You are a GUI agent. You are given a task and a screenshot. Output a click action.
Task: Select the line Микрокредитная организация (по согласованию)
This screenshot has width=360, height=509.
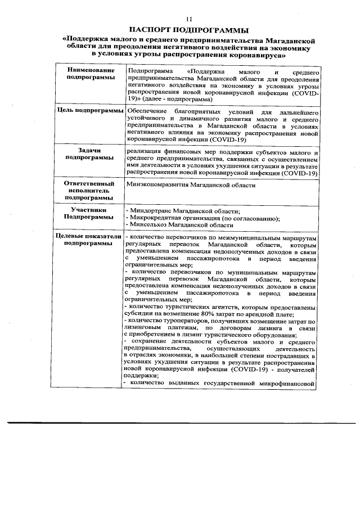click(x=204, y=217)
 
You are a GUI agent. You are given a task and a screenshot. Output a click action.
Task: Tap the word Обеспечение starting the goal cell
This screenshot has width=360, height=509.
click(x=147, y=111)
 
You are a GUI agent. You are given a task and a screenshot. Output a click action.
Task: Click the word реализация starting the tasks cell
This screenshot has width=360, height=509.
click(x=145, y=152)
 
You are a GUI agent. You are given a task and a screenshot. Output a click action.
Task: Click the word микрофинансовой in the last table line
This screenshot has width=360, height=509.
click(x=292, y=384)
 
